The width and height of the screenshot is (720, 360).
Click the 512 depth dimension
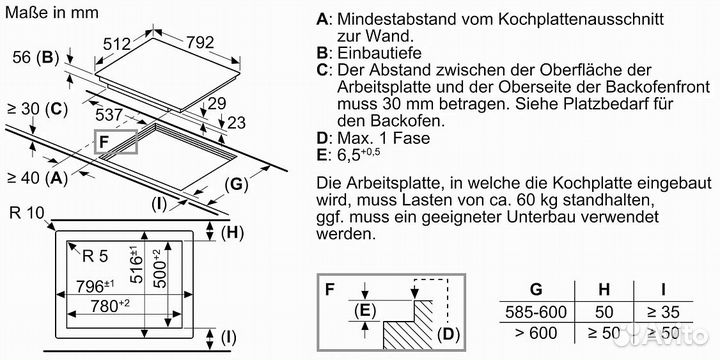coord(117,45)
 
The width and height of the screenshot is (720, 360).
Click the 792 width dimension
coord(200,43)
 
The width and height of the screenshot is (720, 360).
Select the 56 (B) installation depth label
coord(36,57)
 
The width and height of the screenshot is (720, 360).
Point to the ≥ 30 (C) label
coord(38,109)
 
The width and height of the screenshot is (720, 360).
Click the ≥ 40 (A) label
coord(38,178)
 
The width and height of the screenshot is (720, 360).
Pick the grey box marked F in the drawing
coord(115,141)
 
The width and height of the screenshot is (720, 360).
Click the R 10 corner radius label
coord(27,213)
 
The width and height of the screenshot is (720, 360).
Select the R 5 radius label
coord(95,256)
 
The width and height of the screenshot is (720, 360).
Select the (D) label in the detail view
coord(449,334)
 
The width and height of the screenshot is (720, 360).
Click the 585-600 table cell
coord(536,312)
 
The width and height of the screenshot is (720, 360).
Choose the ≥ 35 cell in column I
coord(664,312)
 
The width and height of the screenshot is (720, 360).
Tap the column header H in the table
coord(604,290)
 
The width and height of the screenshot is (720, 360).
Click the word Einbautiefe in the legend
coord(379,53)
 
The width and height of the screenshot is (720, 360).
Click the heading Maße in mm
coord(51,12)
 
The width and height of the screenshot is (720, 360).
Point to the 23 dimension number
coord(236,123)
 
